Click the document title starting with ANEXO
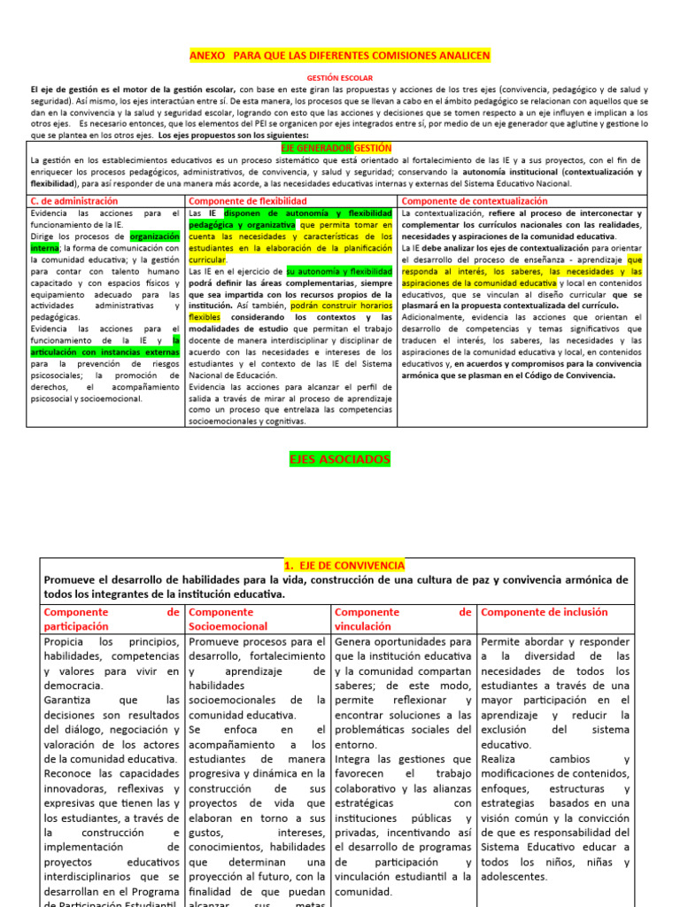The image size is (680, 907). point(340,56)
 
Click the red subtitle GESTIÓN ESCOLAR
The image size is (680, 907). point(340,78)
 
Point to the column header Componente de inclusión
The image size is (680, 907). point(545,612)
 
